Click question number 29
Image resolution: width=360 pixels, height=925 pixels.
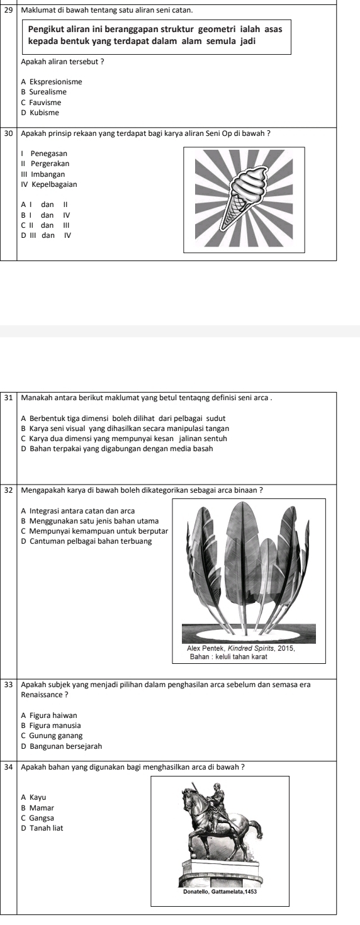8,9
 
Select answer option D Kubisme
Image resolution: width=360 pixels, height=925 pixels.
40,113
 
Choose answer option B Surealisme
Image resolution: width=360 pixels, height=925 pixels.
43,92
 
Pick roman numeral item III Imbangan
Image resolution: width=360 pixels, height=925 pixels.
43,175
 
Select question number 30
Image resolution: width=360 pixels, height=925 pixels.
8,133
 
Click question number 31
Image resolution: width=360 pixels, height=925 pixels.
8,398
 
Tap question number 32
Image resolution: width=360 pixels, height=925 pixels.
8,491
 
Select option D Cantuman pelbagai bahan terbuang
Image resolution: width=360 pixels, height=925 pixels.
86,541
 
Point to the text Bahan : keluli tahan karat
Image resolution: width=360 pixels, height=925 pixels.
228,656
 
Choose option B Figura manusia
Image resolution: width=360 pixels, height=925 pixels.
51,726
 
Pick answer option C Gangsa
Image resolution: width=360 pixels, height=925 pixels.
37,818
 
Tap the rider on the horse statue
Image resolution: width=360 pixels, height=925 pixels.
215,799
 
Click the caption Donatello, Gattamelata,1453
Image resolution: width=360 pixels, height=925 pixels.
220,892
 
